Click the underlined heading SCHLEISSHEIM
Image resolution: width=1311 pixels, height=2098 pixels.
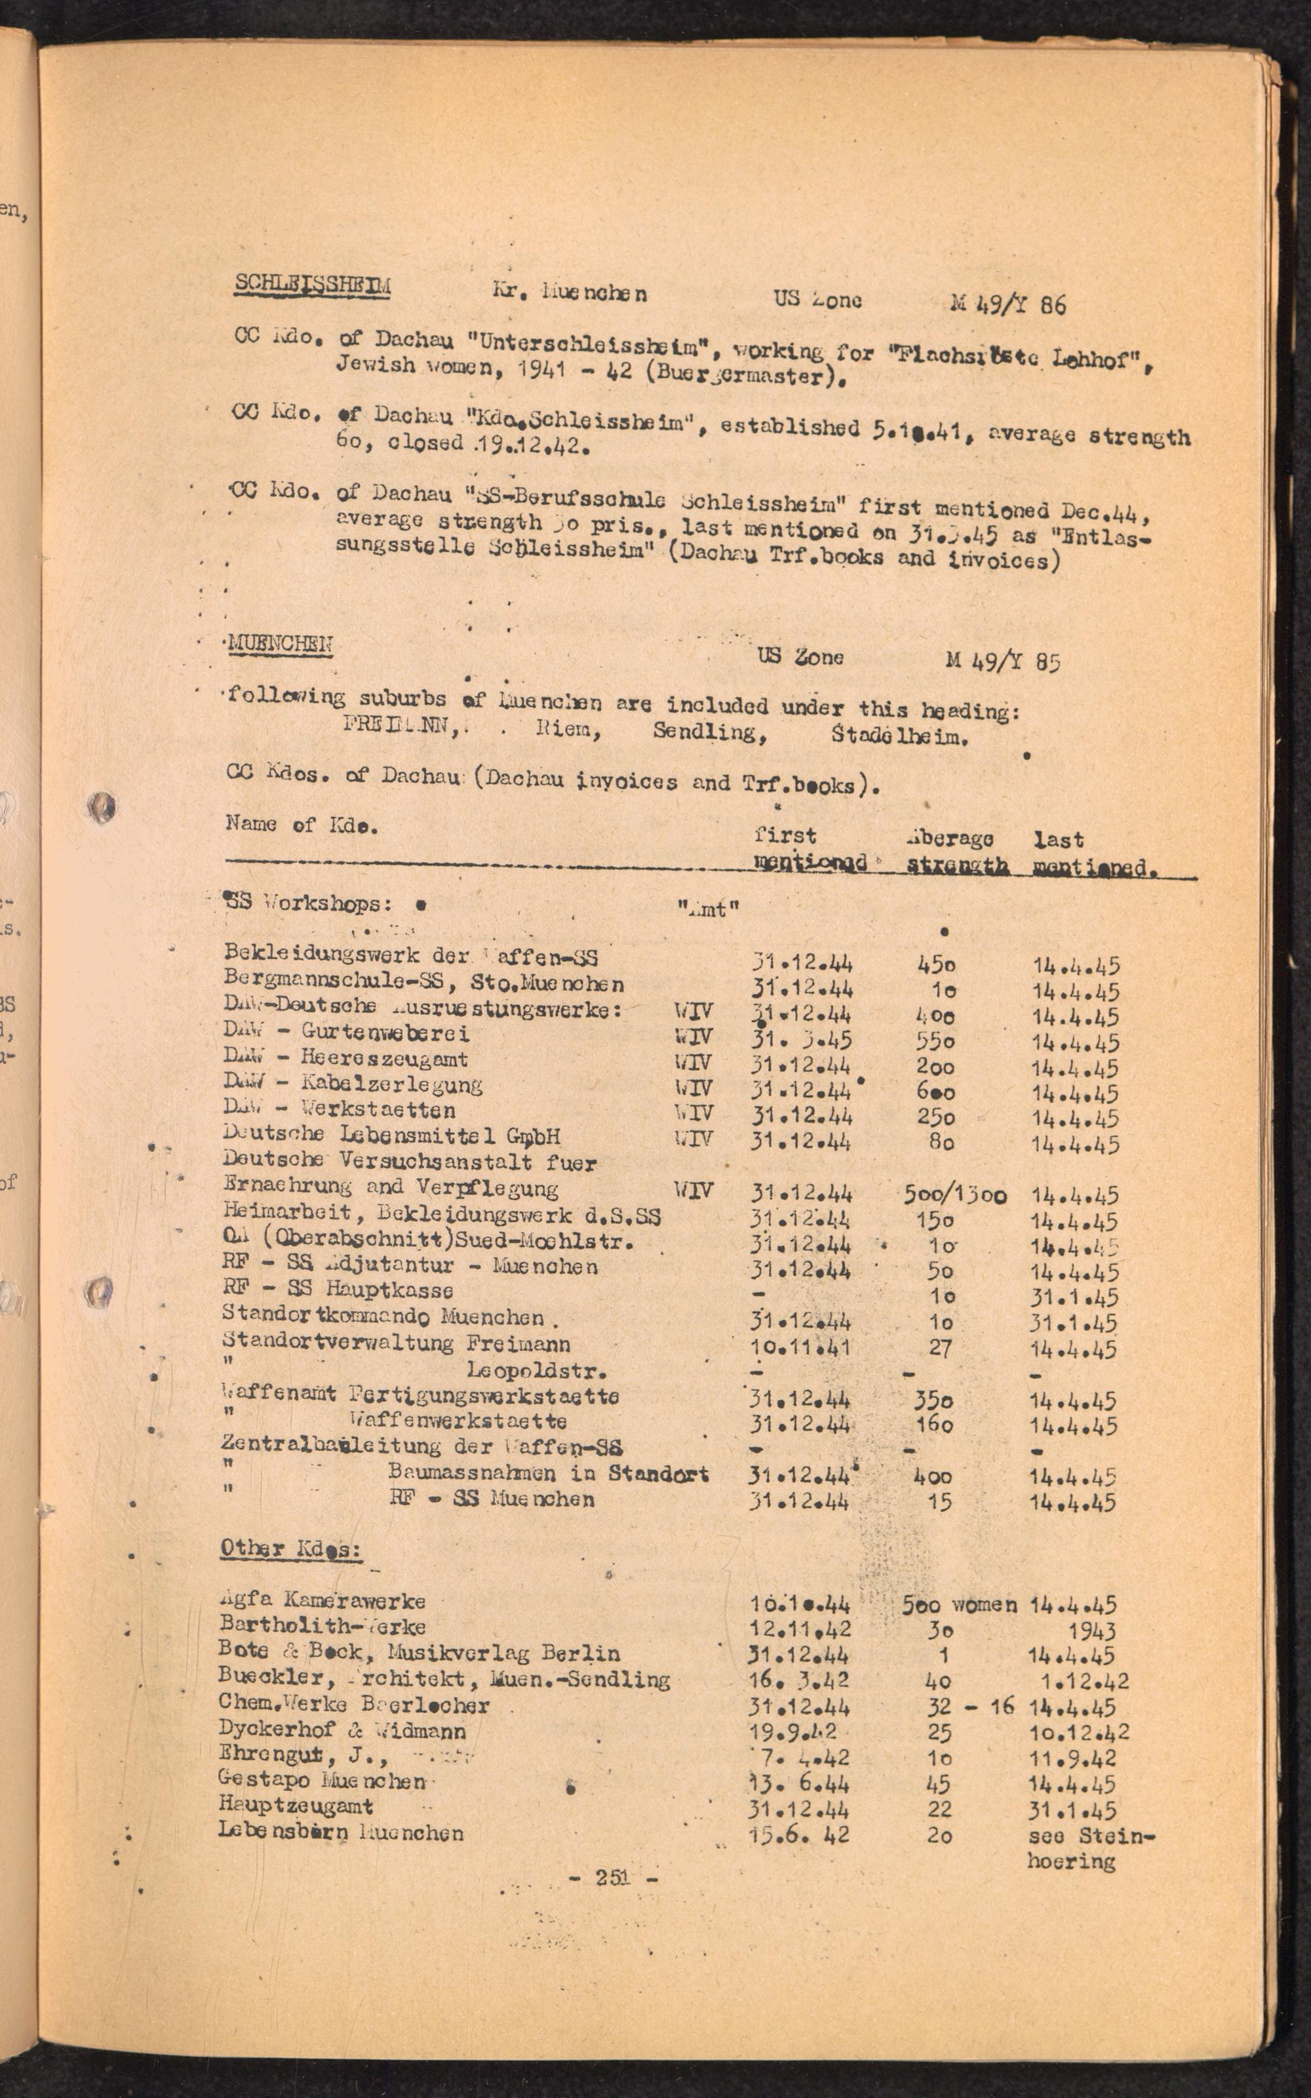pyautogui.click(x=312, y=286)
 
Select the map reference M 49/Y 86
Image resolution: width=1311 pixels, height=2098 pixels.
pyautogui.click(x=1008, y=304)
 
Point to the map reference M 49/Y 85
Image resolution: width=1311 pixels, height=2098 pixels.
pyautogui.click(x=1003, y=661)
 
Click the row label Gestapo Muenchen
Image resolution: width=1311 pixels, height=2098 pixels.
pyautogui.click(x=323, y=1781)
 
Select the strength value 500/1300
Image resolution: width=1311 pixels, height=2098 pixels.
pyautogui.click(x=954, y=1195)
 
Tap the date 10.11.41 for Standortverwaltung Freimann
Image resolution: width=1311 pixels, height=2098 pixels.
pyautogui.click(x=800, y=1348)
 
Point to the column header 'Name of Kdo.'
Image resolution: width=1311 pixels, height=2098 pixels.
pyautogui.click(x=302, y=825)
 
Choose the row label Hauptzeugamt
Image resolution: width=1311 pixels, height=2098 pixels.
pyautogui.click(x=296, y=1806)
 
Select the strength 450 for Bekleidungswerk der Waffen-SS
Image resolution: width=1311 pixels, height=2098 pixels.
pyautogui.click(x=937, y=964)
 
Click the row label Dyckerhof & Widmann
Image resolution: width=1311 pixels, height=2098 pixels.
pyautogui.click(x=342, y=1730)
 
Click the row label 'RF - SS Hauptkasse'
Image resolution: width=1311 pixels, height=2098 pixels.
pyautogui.click(x=338, y=1290)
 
